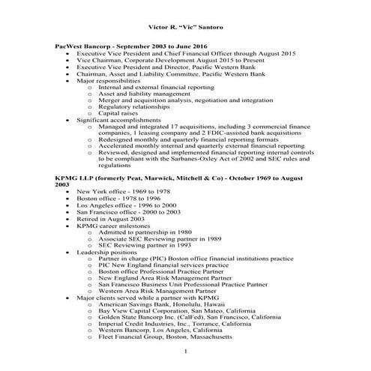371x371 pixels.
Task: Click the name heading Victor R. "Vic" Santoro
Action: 185,27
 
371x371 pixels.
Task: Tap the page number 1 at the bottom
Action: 185,351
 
